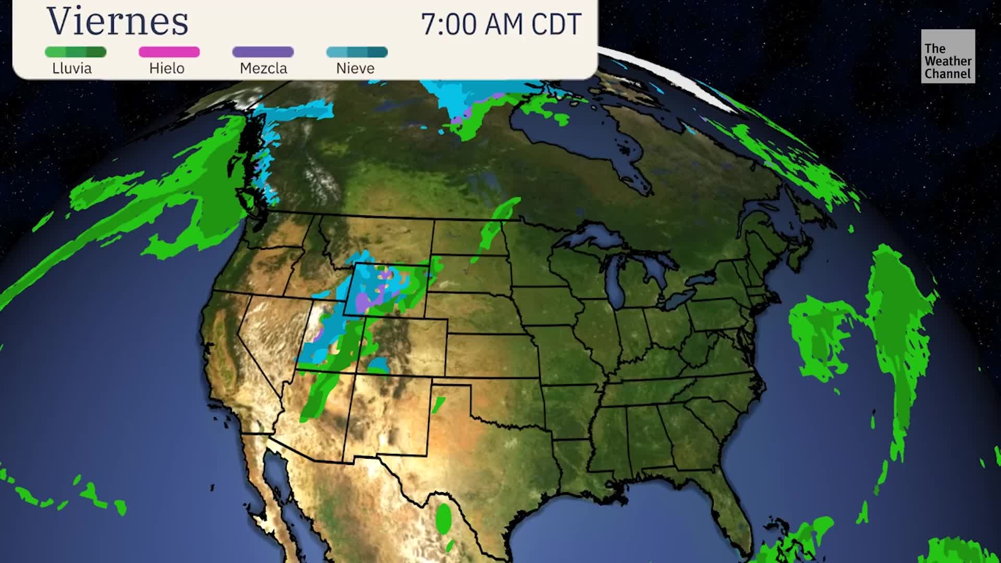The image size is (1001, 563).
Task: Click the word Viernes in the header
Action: [x=118, y=22]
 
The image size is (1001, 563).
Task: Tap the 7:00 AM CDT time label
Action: [x=500, y=24]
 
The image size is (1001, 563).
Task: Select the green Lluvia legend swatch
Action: [x=76, y=52]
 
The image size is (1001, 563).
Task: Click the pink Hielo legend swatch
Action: [x=169, y=52]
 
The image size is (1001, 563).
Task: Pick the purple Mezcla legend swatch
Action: [x=263, y=52]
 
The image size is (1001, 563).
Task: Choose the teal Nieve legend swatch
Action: [x=357, y=52]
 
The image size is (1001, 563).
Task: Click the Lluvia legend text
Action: [x=72, y=68]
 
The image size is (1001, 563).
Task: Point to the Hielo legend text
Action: [x=167, y=68]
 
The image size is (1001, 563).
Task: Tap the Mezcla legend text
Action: [x=263, y=68]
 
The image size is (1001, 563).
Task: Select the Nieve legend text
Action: [x=356, y=68]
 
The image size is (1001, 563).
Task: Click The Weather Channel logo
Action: [x=948, y=56]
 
